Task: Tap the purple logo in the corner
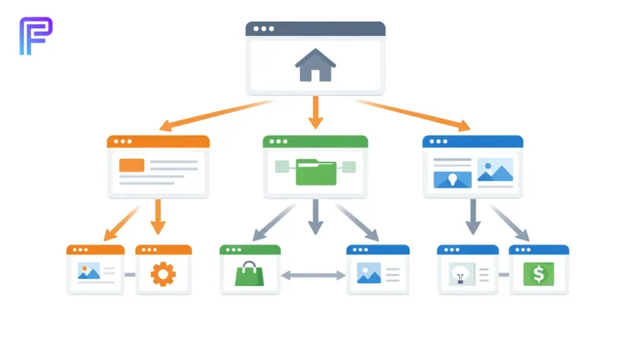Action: (36, 35)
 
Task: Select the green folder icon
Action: (316, 171)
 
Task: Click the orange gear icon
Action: (163, 272)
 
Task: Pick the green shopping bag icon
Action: (249, 273)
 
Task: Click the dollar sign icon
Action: (538, 273)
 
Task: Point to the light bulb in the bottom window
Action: (459, 272)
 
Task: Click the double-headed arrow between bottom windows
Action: (313, 275)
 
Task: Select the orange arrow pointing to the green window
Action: (315, 112)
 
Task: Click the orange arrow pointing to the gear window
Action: (158, 216)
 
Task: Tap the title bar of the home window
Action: (315, 28)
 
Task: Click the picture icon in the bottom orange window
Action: (88, 271)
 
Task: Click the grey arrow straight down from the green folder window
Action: (315, 217)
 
